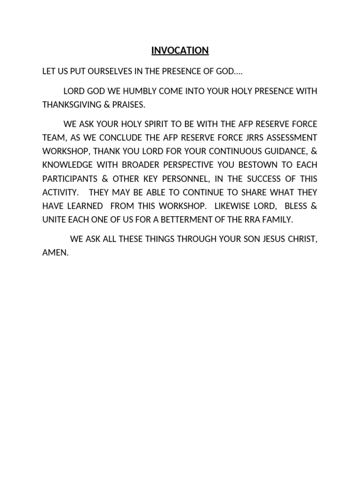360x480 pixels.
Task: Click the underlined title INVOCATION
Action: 180,51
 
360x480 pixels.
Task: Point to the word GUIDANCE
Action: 283,151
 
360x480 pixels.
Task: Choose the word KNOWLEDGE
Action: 65,165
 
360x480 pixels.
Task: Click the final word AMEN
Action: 55,253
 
